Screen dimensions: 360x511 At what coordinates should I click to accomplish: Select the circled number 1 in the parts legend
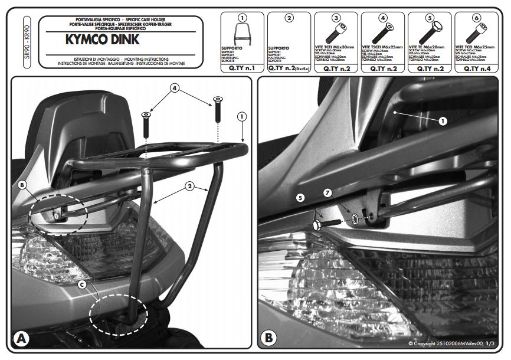click(x=243, y=18)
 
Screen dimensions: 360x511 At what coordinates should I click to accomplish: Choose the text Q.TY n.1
click(x=242, y=68)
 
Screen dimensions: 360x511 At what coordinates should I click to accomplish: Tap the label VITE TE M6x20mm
click(x=430, y=46)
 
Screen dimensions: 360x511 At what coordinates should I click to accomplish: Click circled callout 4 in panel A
click(x=175, y=88)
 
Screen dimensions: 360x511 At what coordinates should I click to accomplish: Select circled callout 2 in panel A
click(x=189, y=186)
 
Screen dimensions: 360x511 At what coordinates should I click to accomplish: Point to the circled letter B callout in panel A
click(x=22, y=185)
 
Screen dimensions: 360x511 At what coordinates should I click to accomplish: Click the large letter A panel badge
click(x=22, y=339)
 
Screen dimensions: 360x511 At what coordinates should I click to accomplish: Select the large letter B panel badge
click(x=268, y=339)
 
